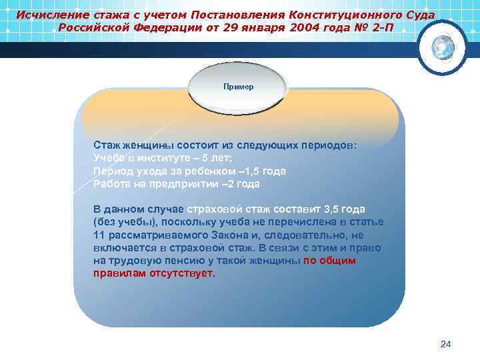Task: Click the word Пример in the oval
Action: coord(238,87)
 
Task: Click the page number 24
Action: coord(446,344)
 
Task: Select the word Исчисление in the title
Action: coord(49,14)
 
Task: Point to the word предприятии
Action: coord(185,183)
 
